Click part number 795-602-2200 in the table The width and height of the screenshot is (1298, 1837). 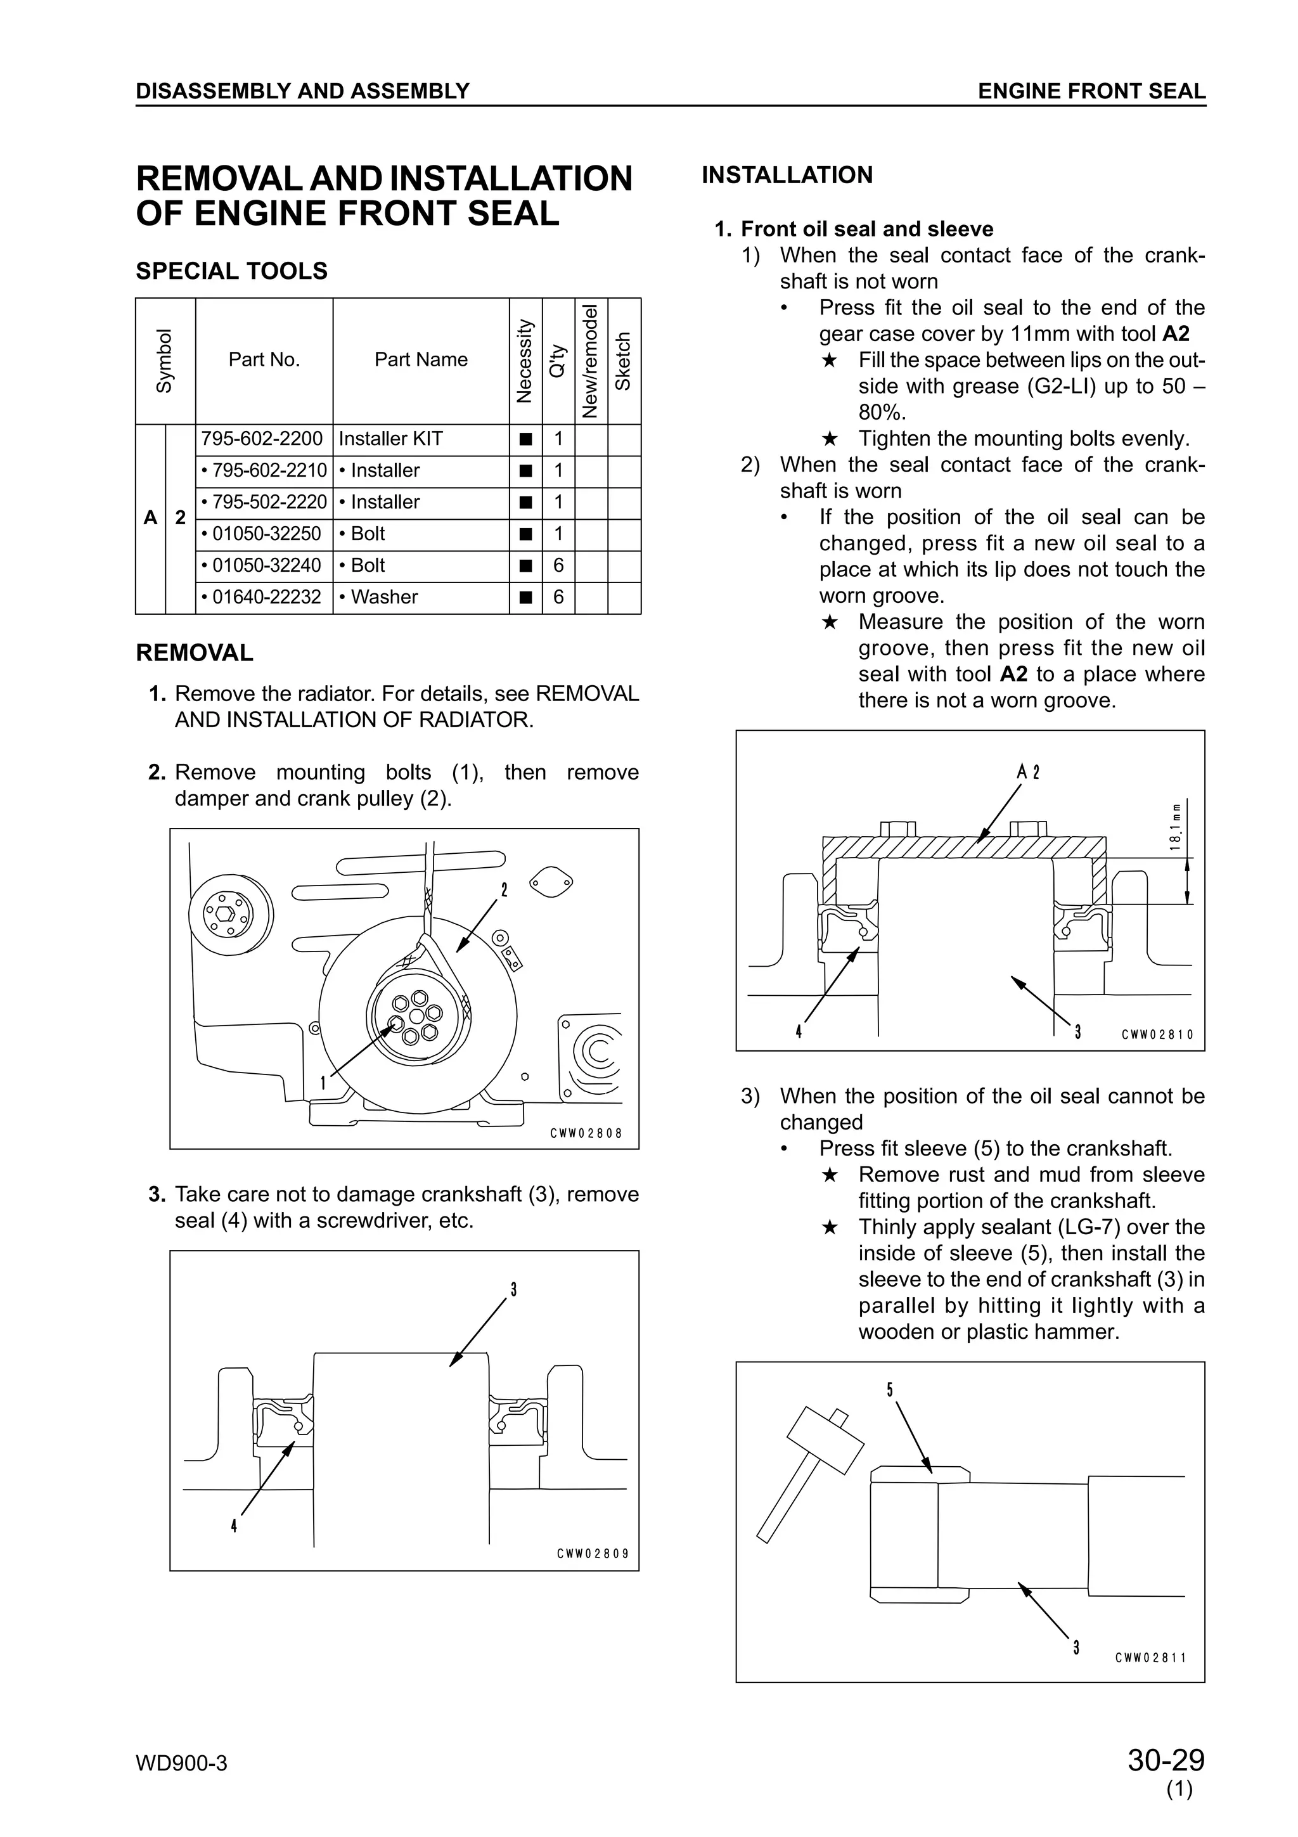click(262, 439)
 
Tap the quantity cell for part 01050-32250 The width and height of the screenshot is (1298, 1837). click(558, 534)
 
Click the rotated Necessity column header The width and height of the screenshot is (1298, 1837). click(525, 361)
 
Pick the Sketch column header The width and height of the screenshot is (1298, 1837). click(624, 361)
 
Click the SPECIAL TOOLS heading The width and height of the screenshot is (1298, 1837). click(232, 271)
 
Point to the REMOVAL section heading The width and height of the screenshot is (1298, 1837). click(195, 653)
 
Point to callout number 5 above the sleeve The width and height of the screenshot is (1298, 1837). click(890, 1389)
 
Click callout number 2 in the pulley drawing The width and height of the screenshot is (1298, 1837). click(504, 890)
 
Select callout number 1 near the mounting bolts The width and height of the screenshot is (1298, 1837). click(323, 1083)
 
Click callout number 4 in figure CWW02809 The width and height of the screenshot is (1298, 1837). click(233, 1526)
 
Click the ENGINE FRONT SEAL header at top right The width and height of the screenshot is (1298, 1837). click(1091, 91)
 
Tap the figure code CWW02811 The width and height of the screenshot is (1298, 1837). click(1151, 1658)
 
